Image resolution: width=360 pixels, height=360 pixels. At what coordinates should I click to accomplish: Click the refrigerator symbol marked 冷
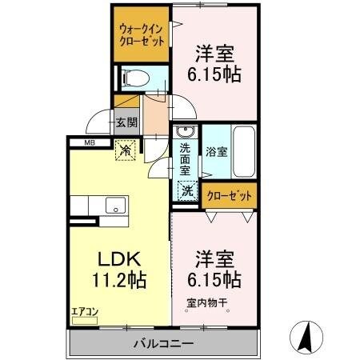(125, 149)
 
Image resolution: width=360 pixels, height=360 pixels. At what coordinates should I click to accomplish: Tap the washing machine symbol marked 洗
(186, 191)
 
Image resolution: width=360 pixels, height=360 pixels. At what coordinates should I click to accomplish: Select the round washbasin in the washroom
(186, 133)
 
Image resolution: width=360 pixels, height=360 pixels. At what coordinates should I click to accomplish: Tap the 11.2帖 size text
(119, 281)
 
